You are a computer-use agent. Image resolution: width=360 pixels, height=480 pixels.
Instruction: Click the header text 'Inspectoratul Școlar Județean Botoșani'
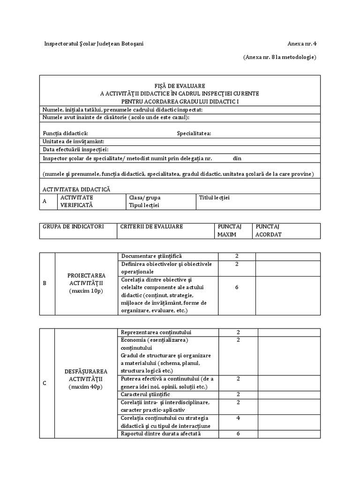click(94, 44)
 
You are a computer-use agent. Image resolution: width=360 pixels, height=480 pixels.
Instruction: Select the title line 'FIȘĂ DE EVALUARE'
click(180, 86)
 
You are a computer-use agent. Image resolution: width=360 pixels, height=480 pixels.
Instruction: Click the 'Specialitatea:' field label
click(194, 133)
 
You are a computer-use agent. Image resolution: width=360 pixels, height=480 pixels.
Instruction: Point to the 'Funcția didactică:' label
click(65, 133)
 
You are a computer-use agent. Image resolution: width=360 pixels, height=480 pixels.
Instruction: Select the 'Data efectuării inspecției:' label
click(75, 150)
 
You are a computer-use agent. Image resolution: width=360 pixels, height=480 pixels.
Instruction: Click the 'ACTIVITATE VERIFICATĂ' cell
click(76, 201)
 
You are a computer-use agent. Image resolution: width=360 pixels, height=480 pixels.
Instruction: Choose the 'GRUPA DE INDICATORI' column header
click(73, 226)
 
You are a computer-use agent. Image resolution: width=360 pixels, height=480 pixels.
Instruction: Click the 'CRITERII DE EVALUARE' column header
click(151, 226)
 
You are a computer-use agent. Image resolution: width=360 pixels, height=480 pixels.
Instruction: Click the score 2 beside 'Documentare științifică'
click(237, 256)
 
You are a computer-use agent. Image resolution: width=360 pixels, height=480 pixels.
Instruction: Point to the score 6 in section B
click(237, 287)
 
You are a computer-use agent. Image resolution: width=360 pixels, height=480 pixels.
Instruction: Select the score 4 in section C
click(238, 418)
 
